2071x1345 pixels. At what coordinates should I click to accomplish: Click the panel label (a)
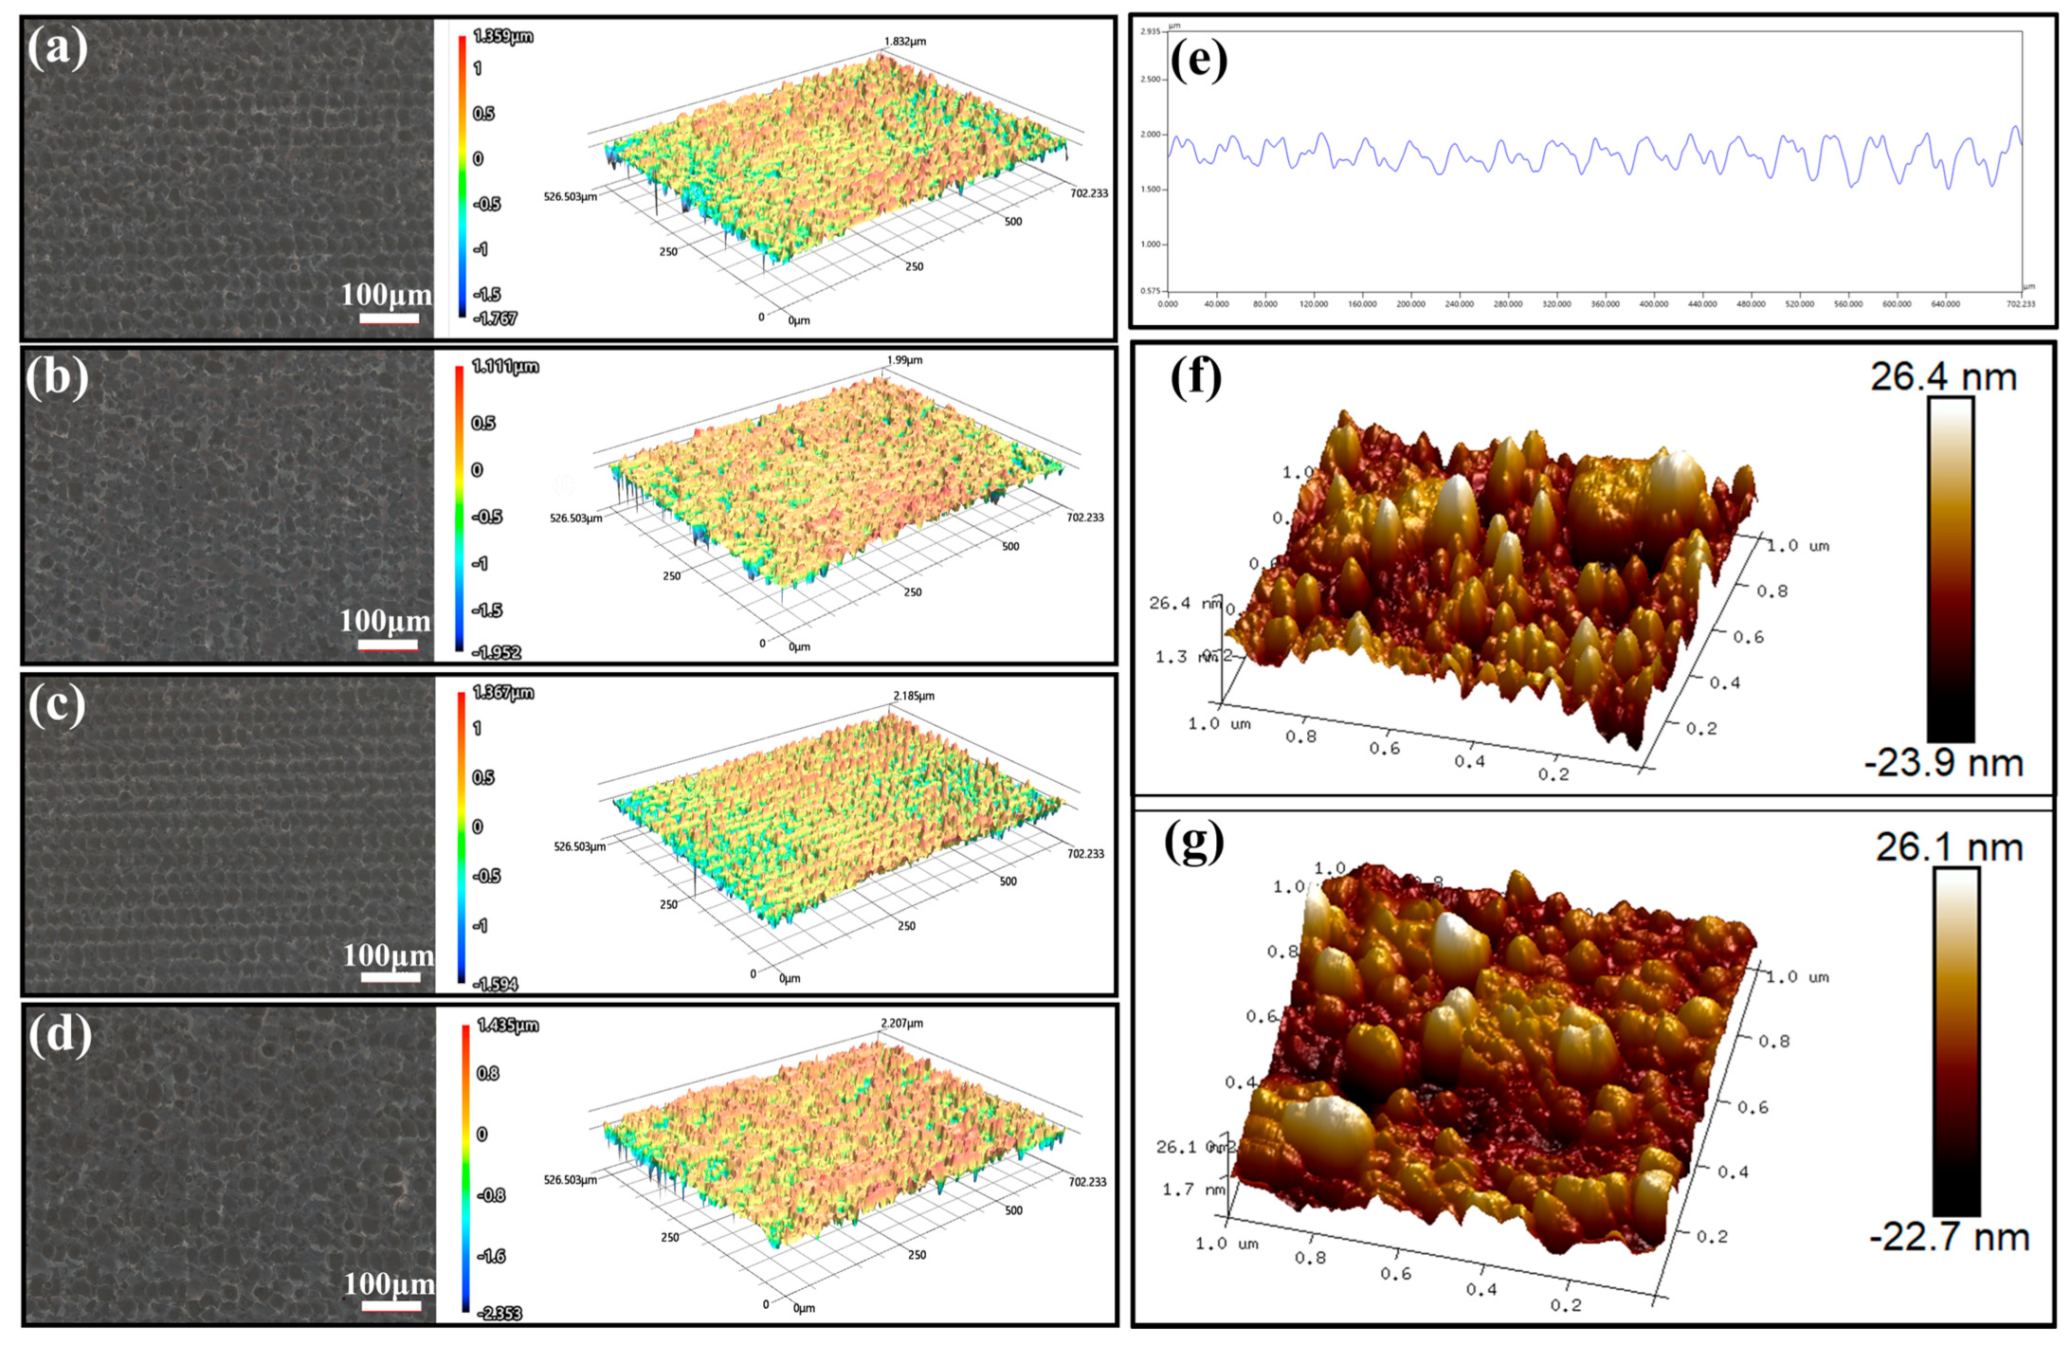(x=57, y=47)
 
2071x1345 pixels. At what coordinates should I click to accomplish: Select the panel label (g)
(x=1193, y=841)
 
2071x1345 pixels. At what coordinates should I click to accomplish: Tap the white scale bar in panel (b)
(x=388, y=645)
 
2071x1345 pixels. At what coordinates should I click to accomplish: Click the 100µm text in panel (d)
(x=389, y=1283)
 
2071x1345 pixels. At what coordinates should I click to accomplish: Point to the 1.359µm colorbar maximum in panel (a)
(x=502, y=36)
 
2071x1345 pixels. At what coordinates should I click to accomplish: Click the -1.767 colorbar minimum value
(x=497, y=318)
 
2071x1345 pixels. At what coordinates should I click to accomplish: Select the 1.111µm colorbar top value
(x=505, y=366)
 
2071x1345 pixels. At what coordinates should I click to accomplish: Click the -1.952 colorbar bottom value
(x=498, y=652)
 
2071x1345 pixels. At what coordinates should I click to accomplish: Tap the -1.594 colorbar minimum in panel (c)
(x=497, y=984)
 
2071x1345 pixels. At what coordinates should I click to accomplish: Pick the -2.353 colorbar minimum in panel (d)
(x=500, y=1313)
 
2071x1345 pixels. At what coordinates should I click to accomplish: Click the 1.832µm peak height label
(x=904, y=42)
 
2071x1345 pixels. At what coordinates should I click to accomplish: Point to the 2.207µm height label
(x=901, y=1023)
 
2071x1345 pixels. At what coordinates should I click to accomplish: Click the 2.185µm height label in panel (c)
(x=913, y=696)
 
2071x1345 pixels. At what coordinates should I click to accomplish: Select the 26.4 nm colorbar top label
(x=1943, y=377)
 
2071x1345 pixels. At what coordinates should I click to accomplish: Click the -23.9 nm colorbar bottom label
(x=1944, y=763)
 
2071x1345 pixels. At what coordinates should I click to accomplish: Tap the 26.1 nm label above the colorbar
(x=1949, y=846)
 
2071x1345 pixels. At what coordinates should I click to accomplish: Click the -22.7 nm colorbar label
(x=1949, y=1237)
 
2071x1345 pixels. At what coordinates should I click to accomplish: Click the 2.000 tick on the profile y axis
(x=1151, y=135)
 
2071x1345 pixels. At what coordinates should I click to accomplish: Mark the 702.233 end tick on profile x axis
(x=2020, y=304)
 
